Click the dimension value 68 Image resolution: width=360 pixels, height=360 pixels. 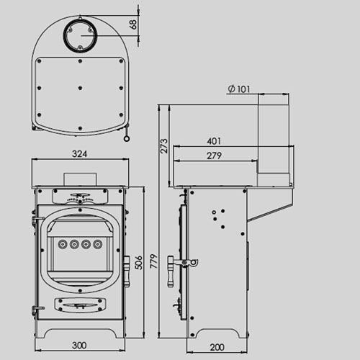[133, 24]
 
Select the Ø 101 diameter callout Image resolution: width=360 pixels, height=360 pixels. [238, 89]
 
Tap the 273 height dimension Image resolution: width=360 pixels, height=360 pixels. [164, 146]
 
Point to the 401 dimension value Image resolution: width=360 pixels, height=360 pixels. [213, 141]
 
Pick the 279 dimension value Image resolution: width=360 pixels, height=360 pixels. [213, 156]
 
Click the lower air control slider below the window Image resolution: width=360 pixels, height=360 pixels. [79, 307]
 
